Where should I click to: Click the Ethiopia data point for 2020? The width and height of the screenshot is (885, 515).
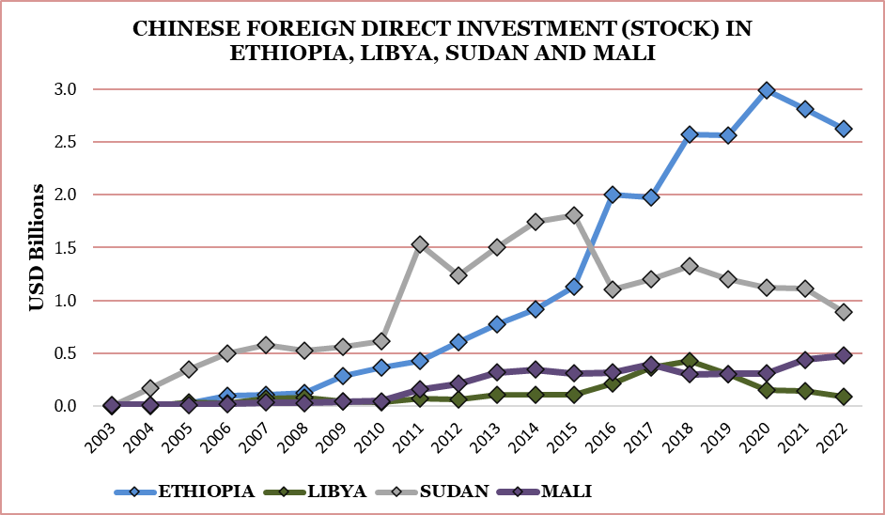pyautogui.click(x=767, y=90)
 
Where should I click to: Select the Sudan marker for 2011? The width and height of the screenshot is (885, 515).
pyautogui.click(x=420, y=244)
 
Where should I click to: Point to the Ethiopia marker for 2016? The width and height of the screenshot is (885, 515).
pyautogui.click(x=613, y=195)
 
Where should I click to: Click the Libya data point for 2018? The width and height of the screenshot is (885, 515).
pyautogui.click(x=690, y=361)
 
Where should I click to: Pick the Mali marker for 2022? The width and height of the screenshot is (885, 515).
pyautogui.click(x=844, y=355)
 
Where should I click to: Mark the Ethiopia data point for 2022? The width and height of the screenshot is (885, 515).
pyautogui.click(x=844, y=129)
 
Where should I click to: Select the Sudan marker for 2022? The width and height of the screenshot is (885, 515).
pyautogui.click(x=844, y=311)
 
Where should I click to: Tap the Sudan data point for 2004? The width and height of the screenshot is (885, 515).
pyautogui.click(x=150, y=387)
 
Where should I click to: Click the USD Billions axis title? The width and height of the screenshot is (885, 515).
pyautogui.click(x=36, y=247)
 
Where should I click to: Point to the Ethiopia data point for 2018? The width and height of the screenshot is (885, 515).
pyautogui.click(x=690, y=134)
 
